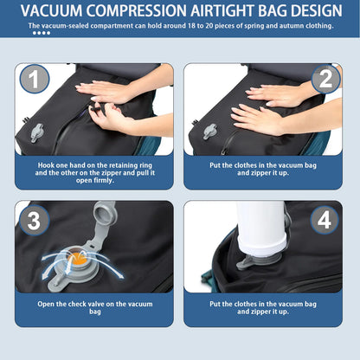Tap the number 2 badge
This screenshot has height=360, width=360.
(x=325, y=81)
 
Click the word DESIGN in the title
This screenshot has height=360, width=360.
(x=310, y=11)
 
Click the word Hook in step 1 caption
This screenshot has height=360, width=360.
(x=48, y=163)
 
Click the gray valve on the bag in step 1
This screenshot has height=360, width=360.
(x=37, y=132)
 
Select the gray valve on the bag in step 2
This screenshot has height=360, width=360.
(x=209, y=132)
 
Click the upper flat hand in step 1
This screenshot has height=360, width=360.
(x=101, y=89)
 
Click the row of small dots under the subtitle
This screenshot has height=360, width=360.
(x=41, y=33)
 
